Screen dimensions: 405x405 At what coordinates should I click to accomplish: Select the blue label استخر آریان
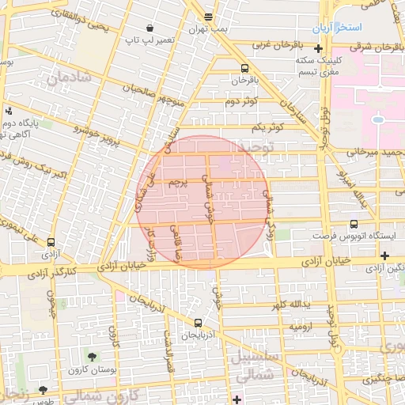click(x=336, y=28)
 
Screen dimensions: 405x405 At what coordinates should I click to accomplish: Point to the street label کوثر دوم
click(x=241, y=102)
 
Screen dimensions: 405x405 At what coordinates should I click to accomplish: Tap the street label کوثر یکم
click(x=267, y=127)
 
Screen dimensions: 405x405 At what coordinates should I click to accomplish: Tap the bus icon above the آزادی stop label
click(x=51, y=242)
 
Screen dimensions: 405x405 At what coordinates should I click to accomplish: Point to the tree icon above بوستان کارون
click(x=93, y=357)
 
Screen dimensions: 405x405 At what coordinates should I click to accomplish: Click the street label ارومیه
click(x=301, y=326)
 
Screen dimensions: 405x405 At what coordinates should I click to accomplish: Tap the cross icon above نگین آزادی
click(x=384, y=255)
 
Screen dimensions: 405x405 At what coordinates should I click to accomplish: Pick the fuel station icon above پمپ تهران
click(x=208, y=17)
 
